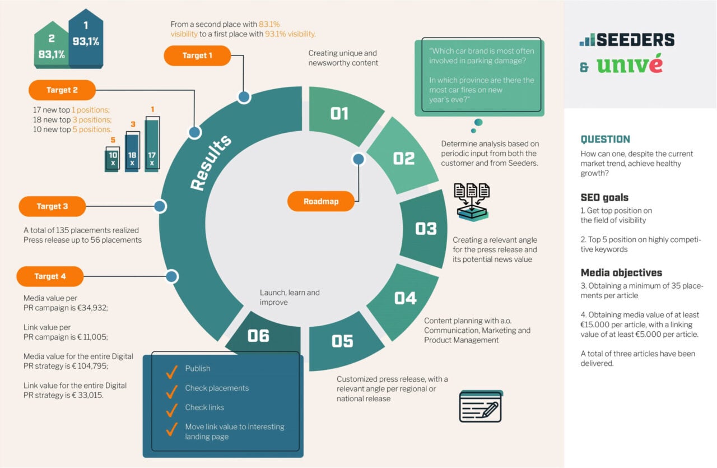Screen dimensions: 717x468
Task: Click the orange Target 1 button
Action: [197, 55]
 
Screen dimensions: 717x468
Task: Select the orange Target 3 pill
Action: [52, 206]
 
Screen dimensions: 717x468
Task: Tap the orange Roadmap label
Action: [321, 201]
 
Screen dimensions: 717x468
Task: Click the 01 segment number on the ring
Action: [339, 114]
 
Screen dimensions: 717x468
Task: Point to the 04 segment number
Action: [405, 298]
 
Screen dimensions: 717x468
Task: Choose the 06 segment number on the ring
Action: [258, 336]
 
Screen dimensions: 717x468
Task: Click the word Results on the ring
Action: [210, 163]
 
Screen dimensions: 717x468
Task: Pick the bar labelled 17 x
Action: [152, 144]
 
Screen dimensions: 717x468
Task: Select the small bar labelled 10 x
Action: [113, 159]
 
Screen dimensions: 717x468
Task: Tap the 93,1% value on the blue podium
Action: [86, 41]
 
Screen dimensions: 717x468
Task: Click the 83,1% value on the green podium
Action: [52, 54]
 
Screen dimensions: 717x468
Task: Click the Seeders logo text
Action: [635, 40]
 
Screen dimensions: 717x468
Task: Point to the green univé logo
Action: [629, 64]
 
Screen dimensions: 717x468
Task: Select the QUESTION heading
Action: [605, 140]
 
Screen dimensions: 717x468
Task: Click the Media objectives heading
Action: [621, 272]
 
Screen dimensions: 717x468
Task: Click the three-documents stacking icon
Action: [472, 202]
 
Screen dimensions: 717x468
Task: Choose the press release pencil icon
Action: [481, 406]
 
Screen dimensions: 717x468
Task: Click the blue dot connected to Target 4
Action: [171, 276]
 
